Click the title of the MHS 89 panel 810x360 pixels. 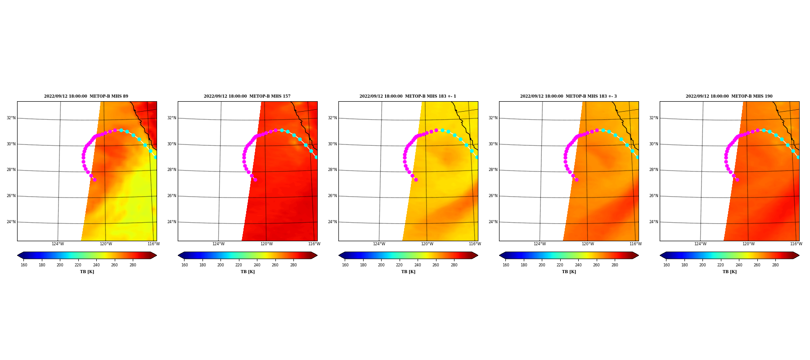point(86,96)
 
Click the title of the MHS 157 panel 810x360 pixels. point(247,96)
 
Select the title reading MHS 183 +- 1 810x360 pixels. point(408,96)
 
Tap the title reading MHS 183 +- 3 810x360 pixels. point(568,96)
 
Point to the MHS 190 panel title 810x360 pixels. point(729,96)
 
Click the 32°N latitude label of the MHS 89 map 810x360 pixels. point(11,118)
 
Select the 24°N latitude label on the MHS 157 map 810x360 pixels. point(171,222)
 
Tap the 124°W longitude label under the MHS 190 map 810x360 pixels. point(700,244)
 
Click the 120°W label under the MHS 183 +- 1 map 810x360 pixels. point(427,244)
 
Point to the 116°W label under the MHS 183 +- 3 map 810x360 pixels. point(635,244)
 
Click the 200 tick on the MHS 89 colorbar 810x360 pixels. point(60,265)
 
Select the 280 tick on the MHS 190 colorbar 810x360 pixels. point(775,265)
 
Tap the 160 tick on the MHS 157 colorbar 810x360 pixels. point(184,265)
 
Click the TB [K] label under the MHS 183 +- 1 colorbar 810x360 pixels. point(408,272)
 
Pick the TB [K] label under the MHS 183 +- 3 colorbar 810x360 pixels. point(569,272)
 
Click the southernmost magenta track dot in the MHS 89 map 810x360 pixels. point(94,180)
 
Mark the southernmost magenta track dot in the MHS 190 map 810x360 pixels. point(737,180)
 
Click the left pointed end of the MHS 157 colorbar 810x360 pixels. point(178,255)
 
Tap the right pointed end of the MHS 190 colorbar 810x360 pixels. point(799,255)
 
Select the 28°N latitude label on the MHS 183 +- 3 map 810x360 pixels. point(493,170)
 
